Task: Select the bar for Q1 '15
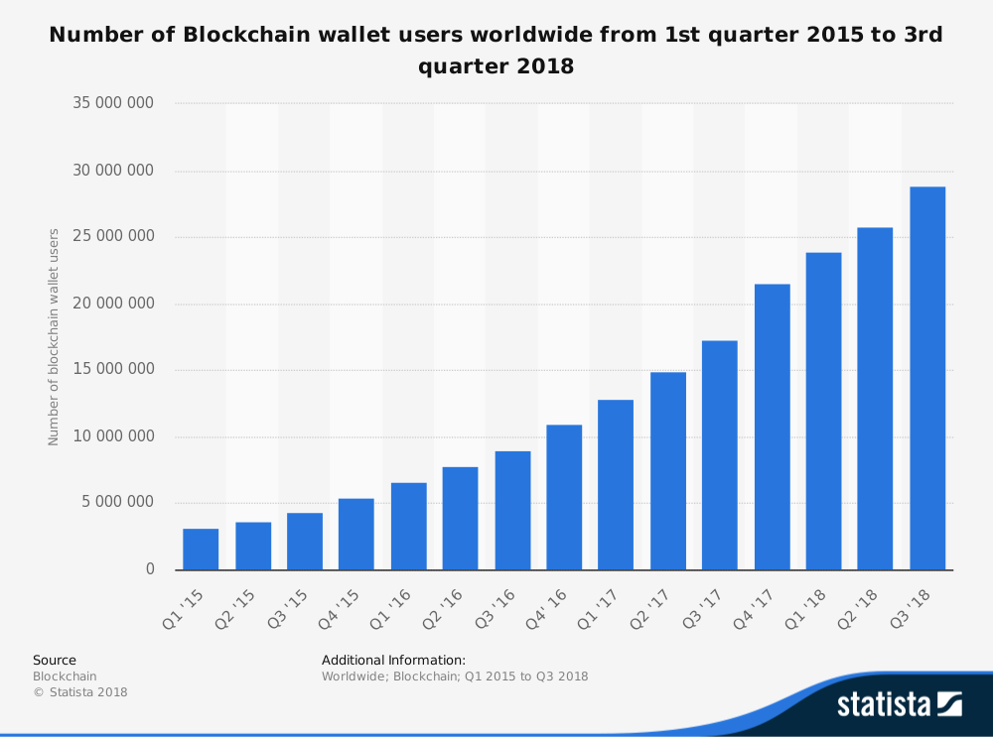(x=201, y=550)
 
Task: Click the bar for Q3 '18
(x=927, y=378)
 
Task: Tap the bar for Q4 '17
(x=772, y=427)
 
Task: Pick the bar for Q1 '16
(x=408, y=526)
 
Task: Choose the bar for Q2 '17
(x=668, y=471)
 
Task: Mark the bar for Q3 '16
(x=512, y=510)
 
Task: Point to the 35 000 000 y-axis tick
(x=114, y=103)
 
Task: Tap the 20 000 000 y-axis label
(x=114, y=303)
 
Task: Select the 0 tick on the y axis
(x=150, y=568)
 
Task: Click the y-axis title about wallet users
(x=55, y=337)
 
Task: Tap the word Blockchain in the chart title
(x=242, y=35)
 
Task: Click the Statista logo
(x=899, y=704)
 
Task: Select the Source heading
(x=55, y=660)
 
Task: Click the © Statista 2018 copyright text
(x=80, y=692)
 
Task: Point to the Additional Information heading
(x=393, y=660)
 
